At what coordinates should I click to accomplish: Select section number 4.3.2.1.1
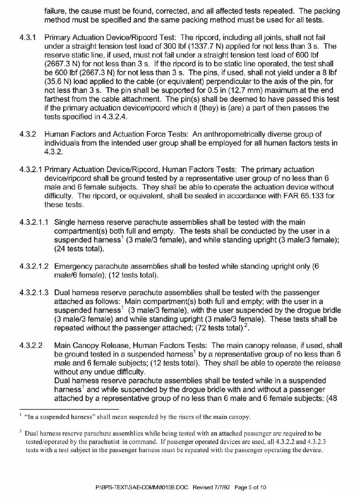click(x=34, y=222)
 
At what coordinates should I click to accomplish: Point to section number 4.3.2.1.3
click(x=34, y=293)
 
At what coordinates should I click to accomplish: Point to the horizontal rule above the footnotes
click(x=69, y=409)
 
